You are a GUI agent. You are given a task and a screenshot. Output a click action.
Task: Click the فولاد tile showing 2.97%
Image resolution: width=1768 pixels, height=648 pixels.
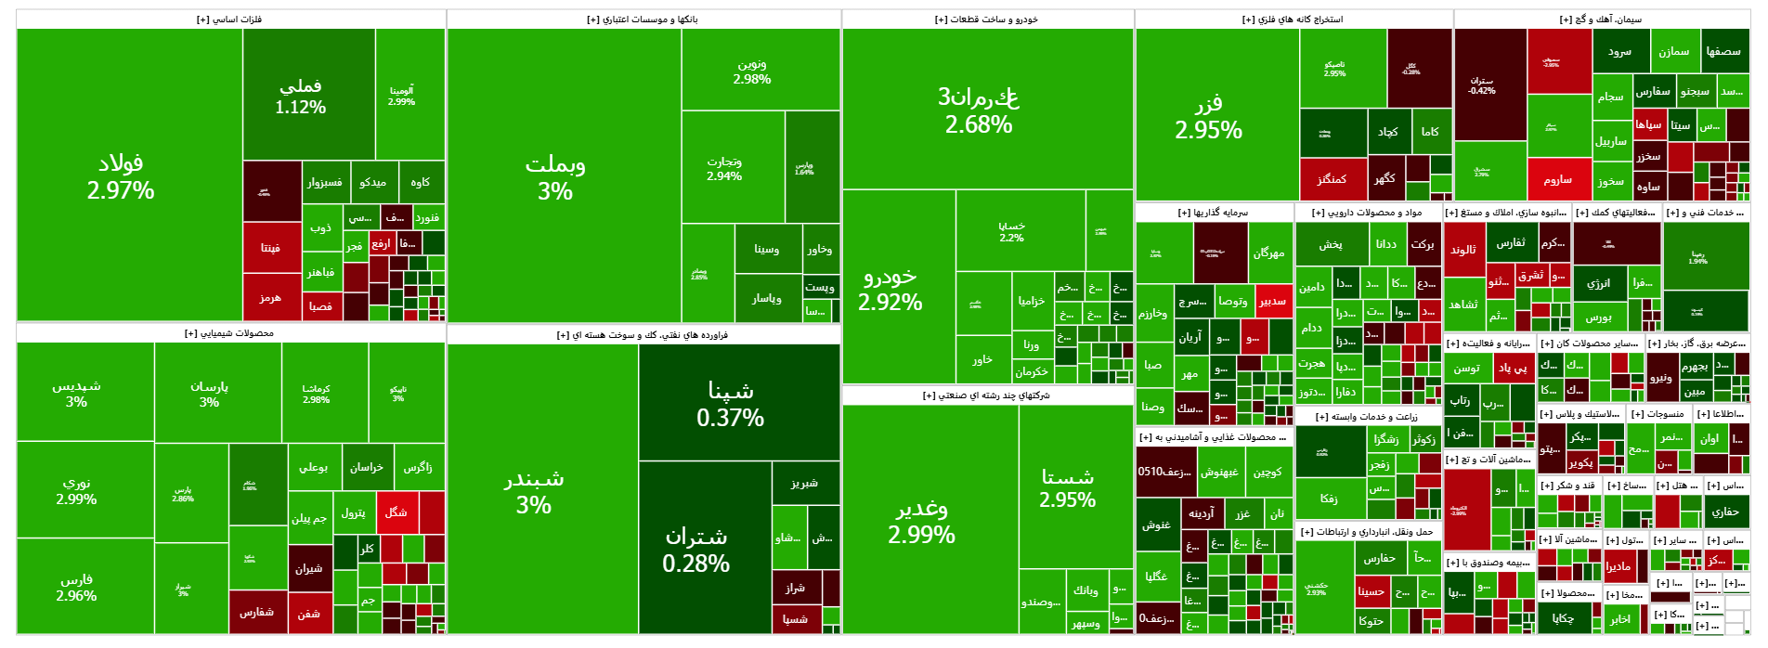point(121,176)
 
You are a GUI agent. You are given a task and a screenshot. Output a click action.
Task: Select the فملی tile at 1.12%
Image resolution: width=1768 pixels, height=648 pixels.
point(300,95)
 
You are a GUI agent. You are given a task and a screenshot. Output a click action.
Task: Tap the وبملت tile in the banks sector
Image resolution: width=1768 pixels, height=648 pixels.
point(555,176)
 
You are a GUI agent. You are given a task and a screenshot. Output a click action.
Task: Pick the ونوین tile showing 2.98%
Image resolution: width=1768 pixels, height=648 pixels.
point(751,71)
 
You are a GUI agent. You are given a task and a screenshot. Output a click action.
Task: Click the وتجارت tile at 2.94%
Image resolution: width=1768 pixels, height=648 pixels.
point(724,168)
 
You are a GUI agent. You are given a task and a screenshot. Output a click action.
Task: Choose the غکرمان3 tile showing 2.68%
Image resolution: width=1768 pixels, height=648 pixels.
point(979,110)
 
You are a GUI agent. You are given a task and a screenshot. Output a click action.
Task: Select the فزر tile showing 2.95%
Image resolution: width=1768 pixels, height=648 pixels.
point(1208,116)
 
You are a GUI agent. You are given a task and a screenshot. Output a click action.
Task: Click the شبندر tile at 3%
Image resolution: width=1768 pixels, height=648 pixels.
point(534,491)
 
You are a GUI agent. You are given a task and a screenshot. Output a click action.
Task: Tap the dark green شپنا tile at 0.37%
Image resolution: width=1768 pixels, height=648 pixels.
point(730,403)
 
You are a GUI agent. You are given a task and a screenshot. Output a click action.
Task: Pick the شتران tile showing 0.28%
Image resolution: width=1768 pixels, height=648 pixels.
point(695,550)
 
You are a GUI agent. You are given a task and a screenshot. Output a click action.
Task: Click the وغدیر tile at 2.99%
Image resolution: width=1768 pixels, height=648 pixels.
point(921,520)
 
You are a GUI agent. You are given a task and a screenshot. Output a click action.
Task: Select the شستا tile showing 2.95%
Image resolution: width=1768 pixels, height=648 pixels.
point(1067,487)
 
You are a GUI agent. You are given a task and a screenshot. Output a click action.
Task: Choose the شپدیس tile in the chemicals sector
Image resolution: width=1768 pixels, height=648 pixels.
point(76,393)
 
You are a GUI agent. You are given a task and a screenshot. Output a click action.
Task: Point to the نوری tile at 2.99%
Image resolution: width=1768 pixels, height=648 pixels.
point(76,490)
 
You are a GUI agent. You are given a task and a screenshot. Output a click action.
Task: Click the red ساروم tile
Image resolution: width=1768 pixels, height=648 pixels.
point(1557,179)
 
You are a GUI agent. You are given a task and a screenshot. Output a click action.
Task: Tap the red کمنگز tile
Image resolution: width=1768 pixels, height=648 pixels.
point(1332,179)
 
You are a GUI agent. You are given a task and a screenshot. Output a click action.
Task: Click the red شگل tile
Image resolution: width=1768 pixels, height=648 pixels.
point(396,512)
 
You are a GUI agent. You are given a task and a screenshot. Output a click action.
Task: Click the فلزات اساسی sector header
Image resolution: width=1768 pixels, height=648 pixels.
point(229,19)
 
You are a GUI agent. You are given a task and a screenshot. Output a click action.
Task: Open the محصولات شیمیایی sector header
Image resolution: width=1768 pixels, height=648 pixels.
point(229,333)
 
